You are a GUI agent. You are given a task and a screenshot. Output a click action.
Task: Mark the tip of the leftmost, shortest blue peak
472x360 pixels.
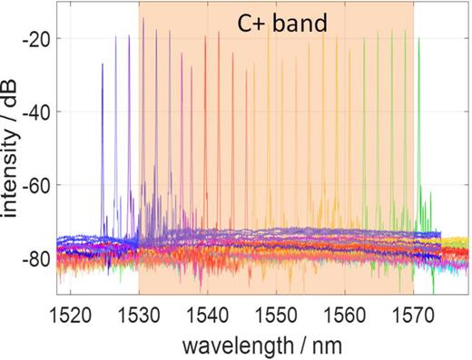tap(103, 64)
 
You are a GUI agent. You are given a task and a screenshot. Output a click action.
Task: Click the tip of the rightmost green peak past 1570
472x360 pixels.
tap(418, 38)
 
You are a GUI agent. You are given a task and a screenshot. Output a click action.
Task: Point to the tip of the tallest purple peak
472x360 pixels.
tap(143, 18)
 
